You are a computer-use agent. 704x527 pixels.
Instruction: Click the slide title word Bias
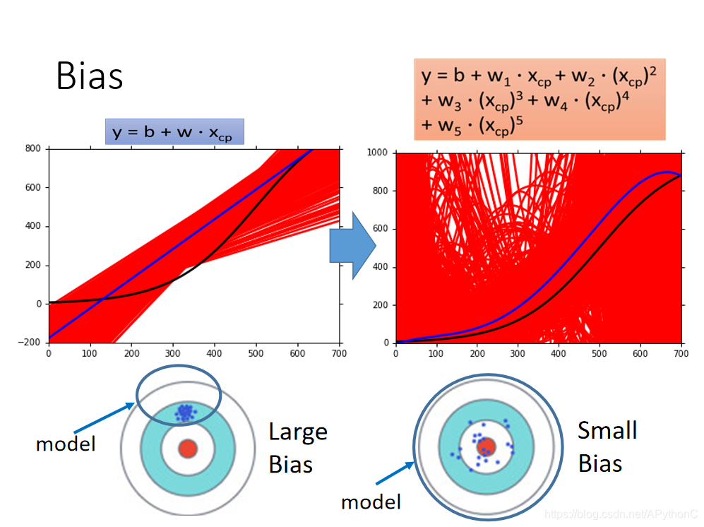(90, 76)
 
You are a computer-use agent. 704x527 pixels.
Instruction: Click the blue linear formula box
(174, 131)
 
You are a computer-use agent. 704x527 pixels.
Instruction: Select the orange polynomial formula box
(539, 99)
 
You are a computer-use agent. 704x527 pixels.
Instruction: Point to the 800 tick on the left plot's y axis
(32, 148)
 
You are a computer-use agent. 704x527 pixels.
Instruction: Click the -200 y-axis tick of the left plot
(30, 343)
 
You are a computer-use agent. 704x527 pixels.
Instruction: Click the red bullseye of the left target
(187, 449)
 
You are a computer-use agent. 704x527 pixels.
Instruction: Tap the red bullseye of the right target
(486, 446)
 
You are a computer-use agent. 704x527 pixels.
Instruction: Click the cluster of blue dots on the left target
(185, 413)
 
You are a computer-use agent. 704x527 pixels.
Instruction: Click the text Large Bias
(298, 448)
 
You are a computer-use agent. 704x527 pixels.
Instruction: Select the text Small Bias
(607, 446)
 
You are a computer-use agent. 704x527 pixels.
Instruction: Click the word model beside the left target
(66, 444)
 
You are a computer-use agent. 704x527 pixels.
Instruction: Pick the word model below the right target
(371, 502)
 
